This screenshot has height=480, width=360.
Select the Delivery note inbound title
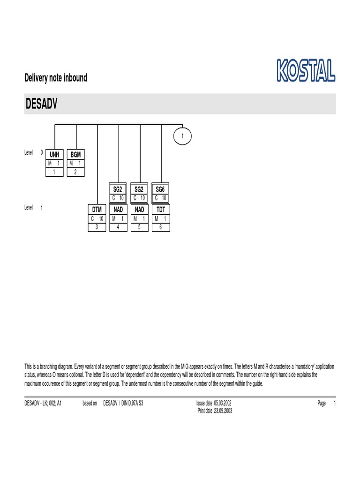(56, 78)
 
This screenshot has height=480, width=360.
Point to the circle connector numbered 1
(182, 136)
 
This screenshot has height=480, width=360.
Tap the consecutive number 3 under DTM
(97, 227)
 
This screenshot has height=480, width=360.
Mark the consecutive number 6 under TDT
(160, 227)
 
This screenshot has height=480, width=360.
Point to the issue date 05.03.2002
(222, 403)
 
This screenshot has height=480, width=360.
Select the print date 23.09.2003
(223, 411)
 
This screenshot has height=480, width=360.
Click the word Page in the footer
(321, 403)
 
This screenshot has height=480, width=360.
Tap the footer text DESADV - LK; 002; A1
(43, 403)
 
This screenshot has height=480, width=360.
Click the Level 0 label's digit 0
(42, 152)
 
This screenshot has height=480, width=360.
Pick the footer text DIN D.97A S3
(133, 403)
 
